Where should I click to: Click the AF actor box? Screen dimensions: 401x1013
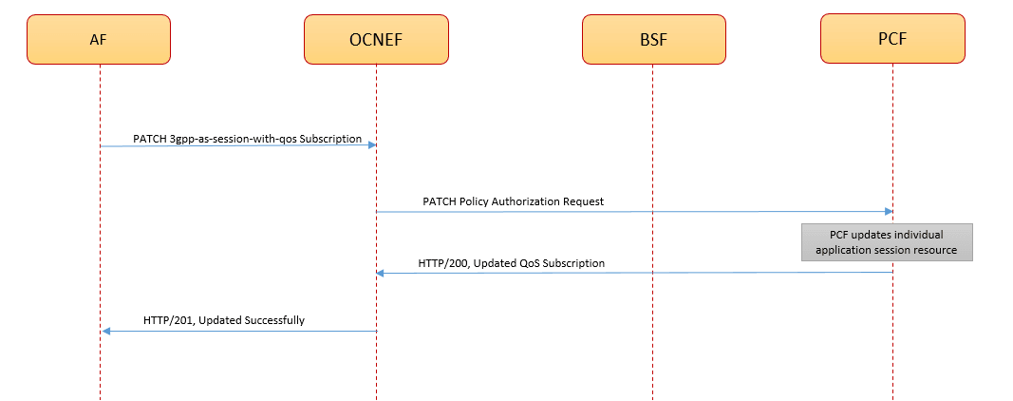click(x=99, y=39)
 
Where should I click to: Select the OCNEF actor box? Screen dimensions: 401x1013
click(x=376, y=39)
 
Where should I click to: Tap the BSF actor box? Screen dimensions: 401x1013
click(x=653, y=39)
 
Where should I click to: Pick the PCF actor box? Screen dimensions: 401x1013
click(x=892, y=39)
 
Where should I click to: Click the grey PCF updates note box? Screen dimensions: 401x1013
click(x=887, y=242)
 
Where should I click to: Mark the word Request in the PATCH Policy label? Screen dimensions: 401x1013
click(x=583, y=201)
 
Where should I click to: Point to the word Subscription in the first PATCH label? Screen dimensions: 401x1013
click(x=332, y=139)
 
